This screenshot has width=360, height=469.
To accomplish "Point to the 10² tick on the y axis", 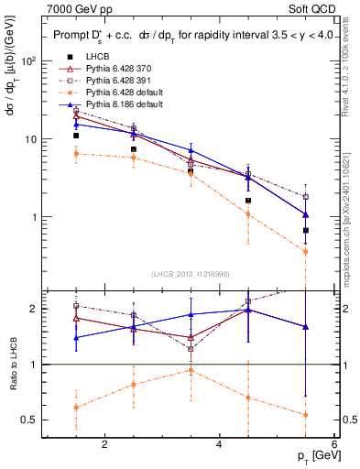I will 27,61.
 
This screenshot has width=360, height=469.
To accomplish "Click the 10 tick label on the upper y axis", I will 29,139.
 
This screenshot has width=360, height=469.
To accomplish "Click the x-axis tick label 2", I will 104,444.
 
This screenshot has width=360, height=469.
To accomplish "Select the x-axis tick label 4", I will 219,444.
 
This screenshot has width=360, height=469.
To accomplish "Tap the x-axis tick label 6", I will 333,444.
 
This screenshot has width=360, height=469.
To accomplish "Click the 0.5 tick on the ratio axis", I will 28,420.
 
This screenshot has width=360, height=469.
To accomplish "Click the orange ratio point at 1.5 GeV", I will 76,408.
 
